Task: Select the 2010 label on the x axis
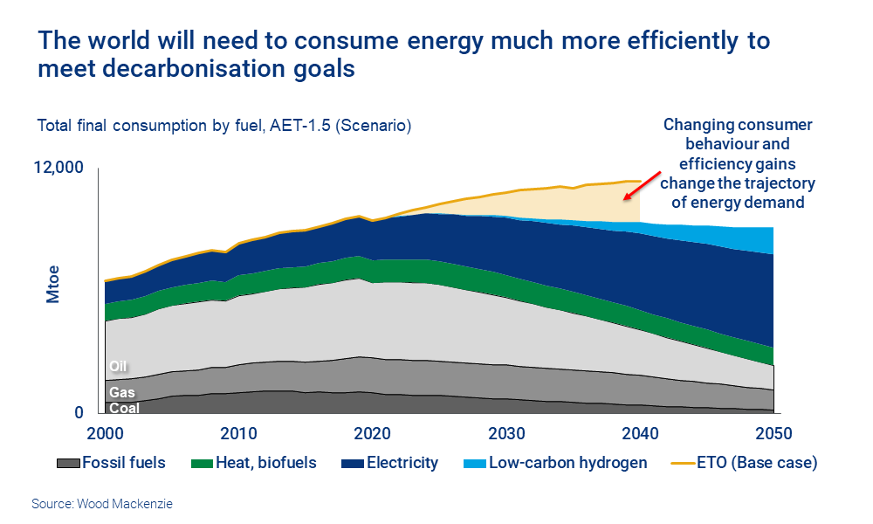point(238,434)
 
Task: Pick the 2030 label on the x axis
point(506,434)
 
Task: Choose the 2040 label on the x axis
point(640,434)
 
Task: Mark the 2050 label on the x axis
point(773,434)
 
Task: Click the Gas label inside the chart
point(118,392)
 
